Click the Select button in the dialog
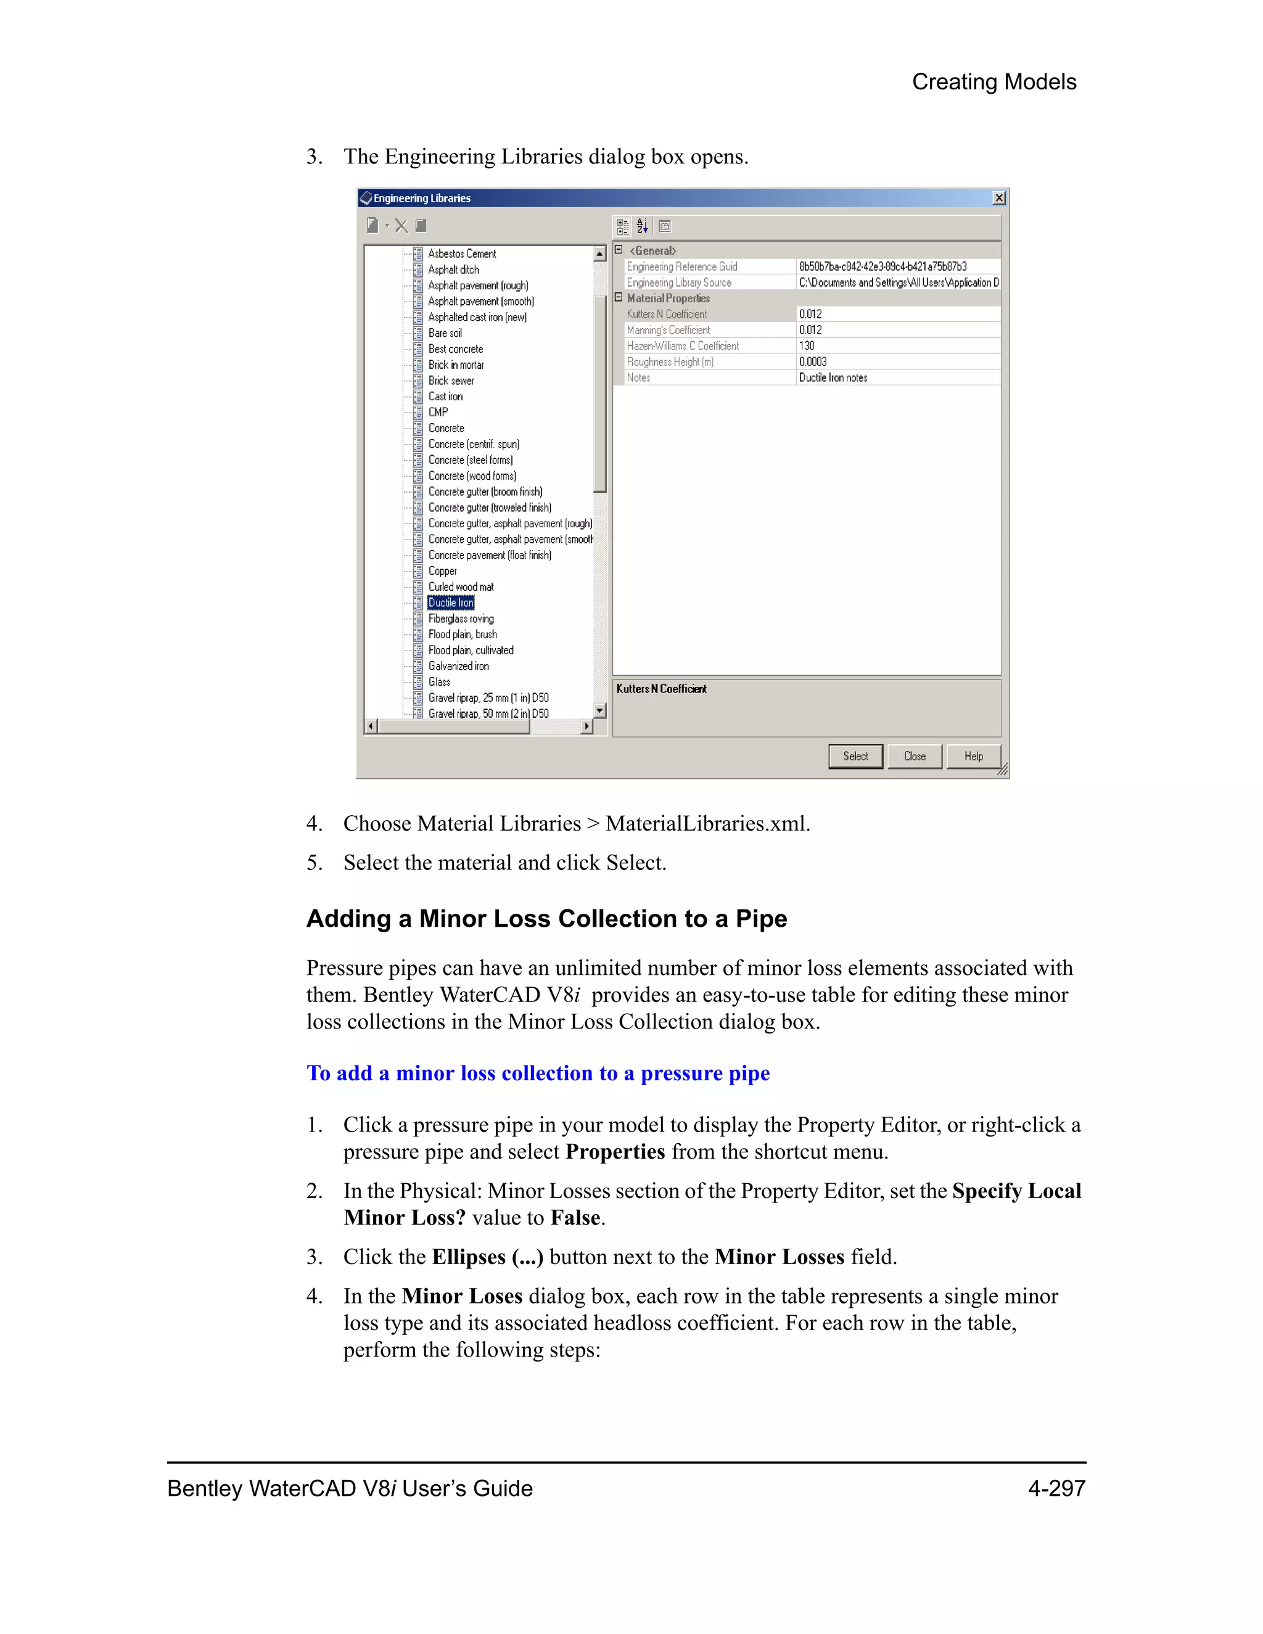(855, 757)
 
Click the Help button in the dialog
(973, 757)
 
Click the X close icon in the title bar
(999, 199)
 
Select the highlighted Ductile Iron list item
(450, 603)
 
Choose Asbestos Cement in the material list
(462, 253)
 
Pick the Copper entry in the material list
(442, 571)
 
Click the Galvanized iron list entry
(458, 666)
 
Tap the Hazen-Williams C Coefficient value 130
(807, 346)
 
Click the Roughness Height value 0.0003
(813, 361)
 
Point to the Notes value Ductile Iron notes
(833, 378)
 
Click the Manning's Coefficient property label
(668, 330)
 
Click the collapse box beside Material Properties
(619, 298)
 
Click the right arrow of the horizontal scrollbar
(587, 726)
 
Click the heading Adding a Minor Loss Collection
(546, 919)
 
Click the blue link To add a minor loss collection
(538, 1073)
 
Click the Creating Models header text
(994, 81)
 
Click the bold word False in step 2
(575, 1217)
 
